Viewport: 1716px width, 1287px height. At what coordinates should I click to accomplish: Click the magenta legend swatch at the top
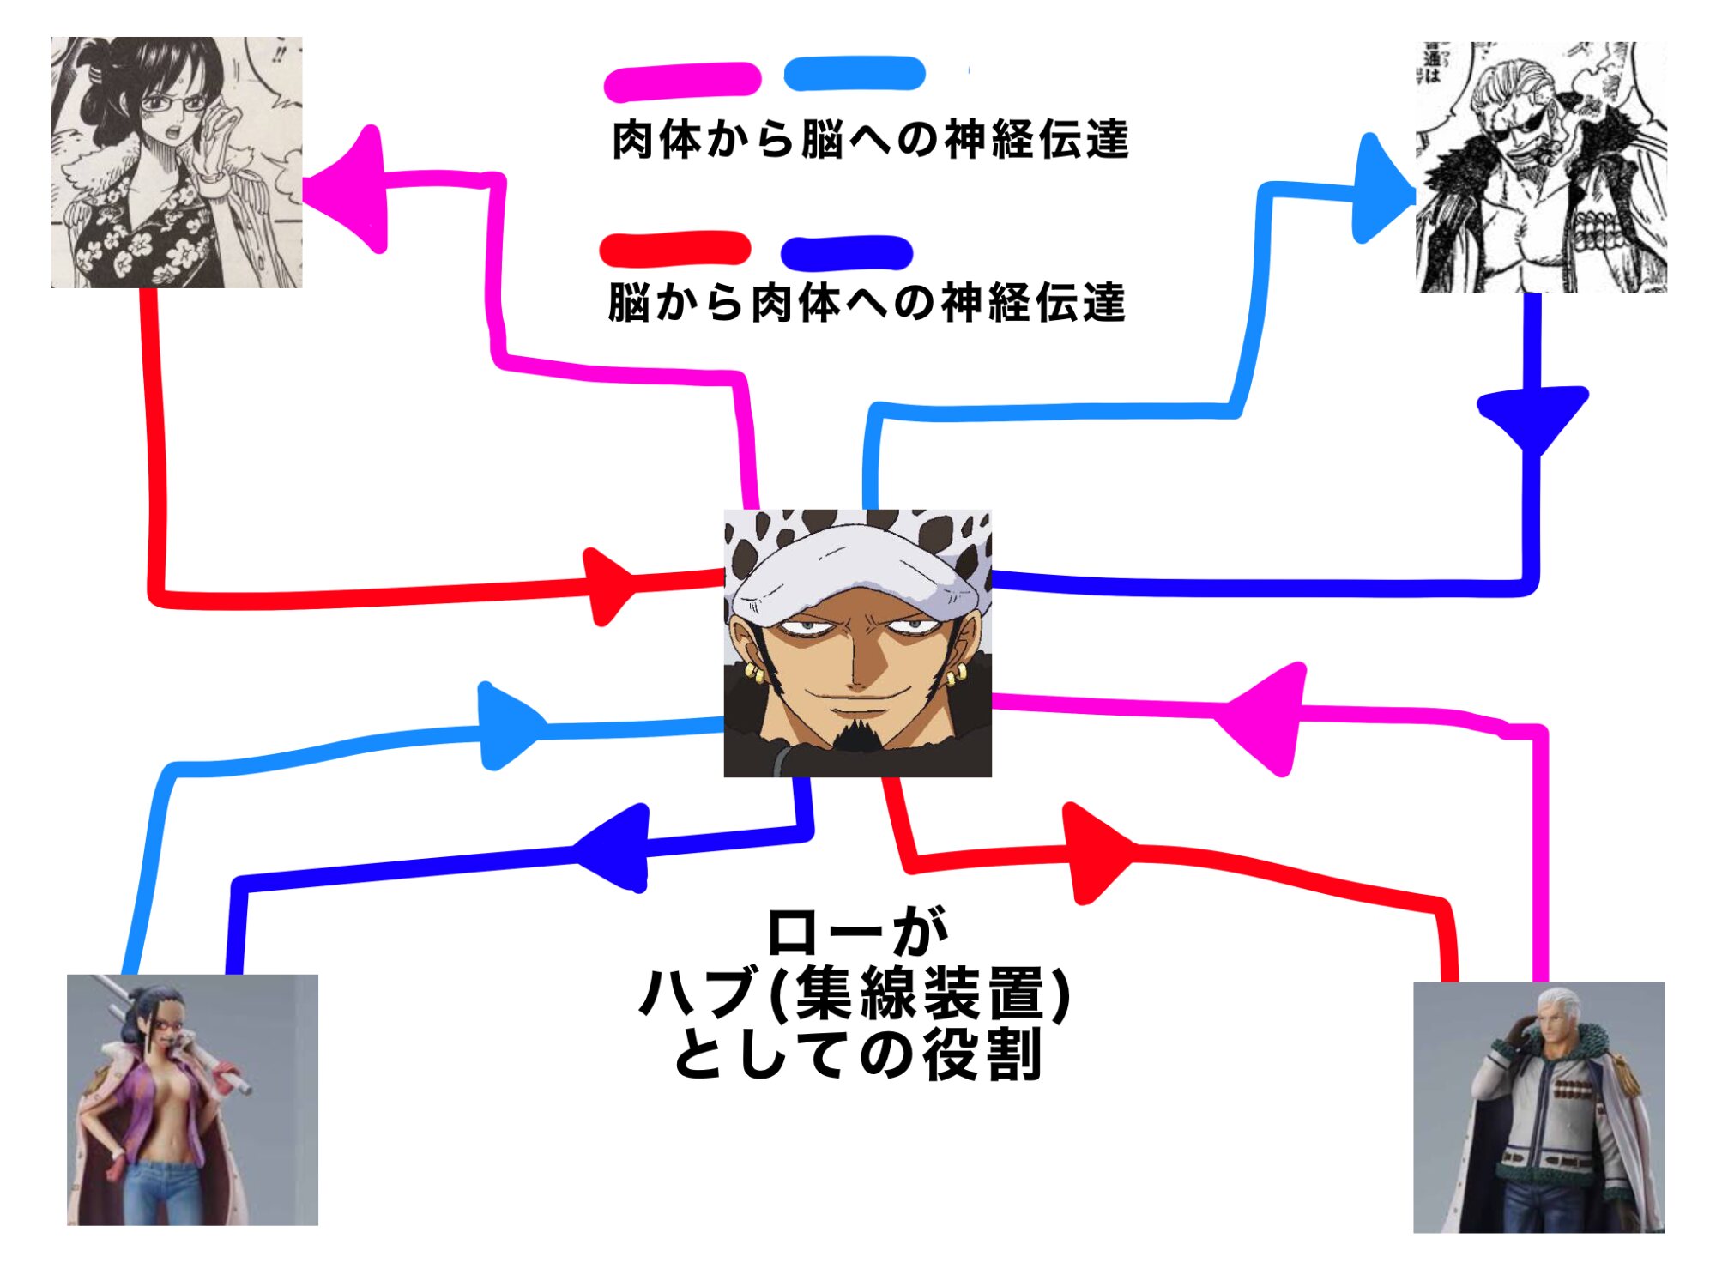pos(682,82)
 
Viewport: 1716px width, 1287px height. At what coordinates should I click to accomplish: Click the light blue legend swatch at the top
pos(855,74)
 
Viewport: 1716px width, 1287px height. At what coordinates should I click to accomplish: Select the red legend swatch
pos(674,249)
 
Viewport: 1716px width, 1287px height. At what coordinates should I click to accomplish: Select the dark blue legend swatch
pos(846,252)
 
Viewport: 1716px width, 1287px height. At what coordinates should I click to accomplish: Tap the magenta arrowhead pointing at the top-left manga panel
pos(352,189)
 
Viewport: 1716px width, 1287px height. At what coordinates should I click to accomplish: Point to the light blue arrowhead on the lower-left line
pos(506,728)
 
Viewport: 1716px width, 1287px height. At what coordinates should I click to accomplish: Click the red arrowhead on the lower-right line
pos(1094,853)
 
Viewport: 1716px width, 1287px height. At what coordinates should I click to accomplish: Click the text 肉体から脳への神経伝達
pos(870,140)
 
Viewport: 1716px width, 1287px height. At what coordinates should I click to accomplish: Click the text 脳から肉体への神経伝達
pos(867,303)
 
